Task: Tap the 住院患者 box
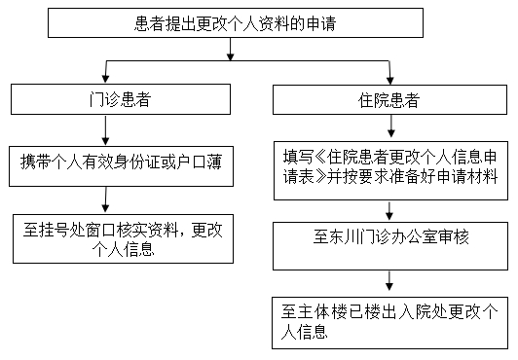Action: (389, 99)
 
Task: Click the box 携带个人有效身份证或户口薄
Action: (120, 162)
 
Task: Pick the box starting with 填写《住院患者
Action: (389, 166)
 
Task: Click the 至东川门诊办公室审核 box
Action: (389, 235)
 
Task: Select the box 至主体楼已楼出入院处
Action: (389, 321)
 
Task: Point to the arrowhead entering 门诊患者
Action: (93, 78)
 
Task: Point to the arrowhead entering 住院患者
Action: (389, 78)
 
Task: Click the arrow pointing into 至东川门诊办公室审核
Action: (389, 207)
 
